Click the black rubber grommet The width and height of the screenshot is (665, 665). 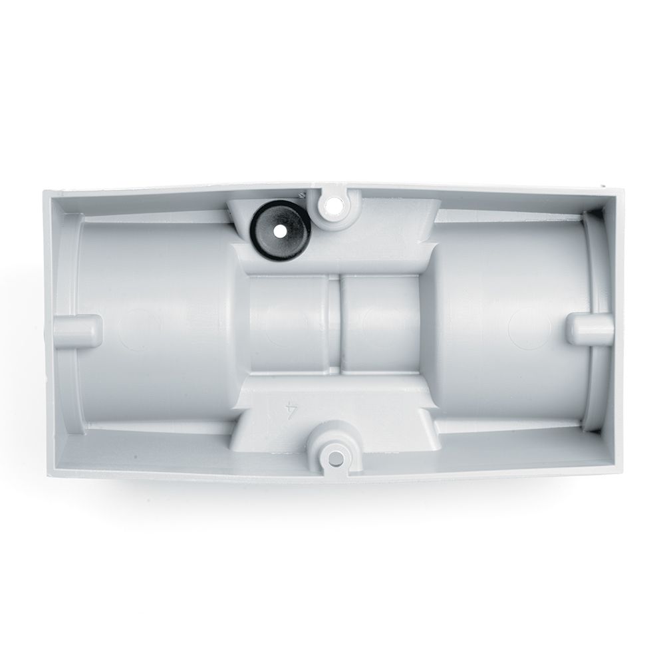tap(281, 231)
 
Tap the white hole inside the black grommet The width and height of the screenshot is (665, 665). tap(279, 232)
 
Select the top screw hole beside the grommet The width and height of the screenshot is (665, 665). tap(333, 205)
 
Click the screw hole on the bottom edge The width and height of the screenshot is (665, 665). tap(335, 458)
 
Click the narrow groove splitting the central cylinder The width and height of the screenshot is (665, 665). tap(335, 325)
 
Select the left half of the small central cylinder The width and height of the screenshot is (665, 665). tap(289, 325)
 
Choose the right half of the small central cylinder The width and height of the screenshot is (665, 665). tap(380, 325)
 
